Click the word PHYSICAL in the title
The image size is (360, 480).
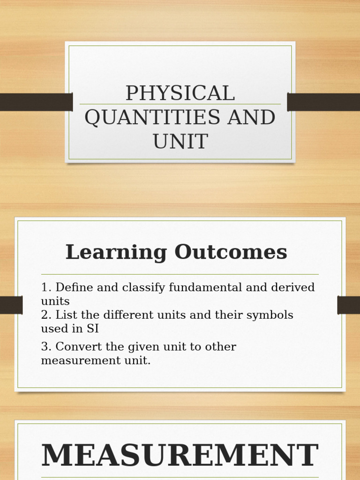coord(180,93)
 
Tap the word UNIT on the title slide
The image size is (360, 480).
coord(180,141)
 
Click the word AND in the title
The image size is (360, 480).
coord(251,117)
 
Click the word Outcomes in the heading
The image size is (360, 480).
coord(231,252)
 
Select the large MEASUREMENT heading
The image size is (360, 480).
coord(180,456)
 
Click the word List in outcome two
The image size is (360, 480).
coord(65,315)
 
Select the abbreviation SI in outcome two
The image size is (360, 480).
coord(92,329)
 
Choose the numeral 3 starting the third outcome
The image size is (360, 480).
coord(45,347)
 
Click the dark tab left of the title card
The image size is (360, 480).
coord(36,102)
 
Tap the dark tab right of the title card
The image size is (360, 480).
coord(323,102)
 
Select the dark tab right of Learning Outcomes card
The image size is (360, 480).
coord(348,305)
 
